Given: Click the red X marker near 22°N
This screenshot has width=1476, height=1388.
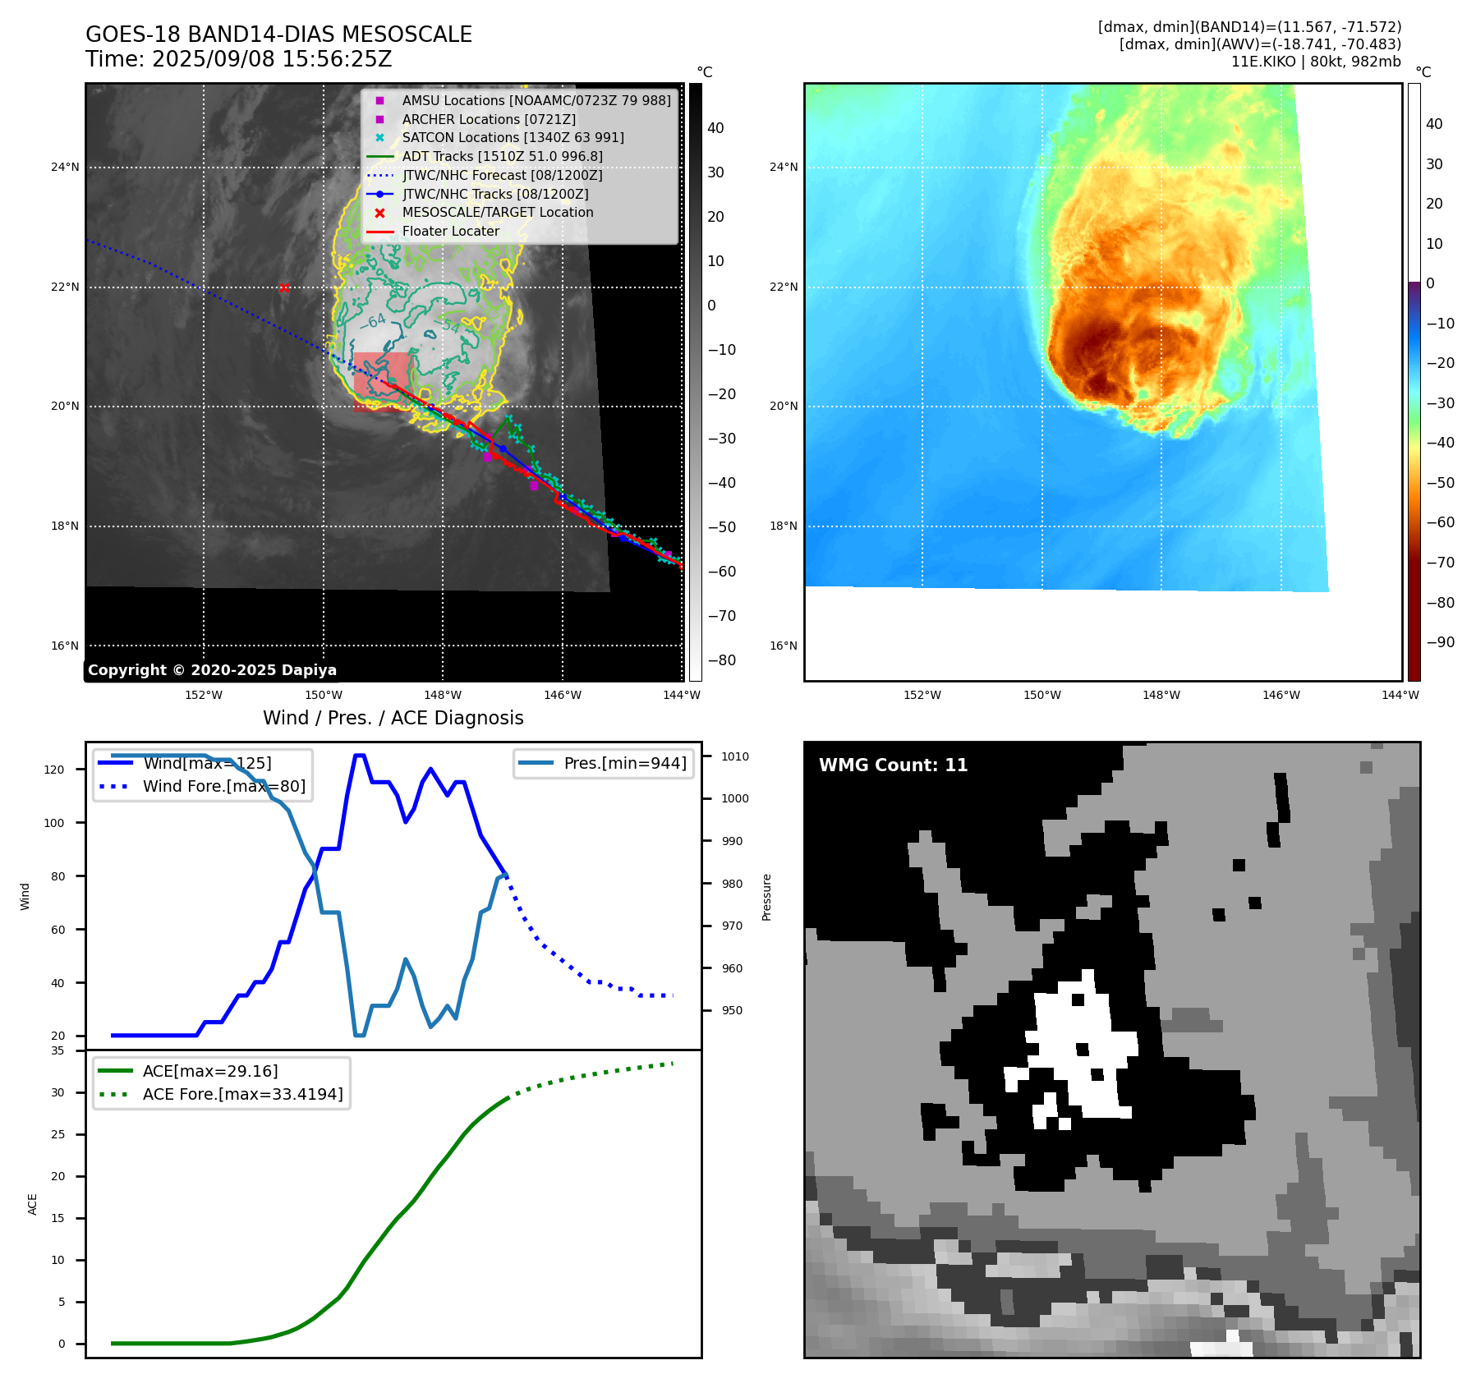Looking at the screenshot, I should point(284,287).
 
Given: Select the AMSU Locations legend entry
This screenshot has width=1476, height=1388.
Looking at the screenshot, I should point(536,100).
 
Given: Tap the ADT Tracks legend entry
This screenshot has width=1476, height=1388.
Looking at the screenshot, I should point(502,156).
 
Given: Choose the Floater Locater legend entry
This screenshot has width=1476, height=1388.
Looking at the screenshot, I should point(450,231).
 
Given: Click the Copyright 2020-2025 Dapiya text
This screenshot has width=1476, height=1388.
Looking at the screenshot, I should point(212,670).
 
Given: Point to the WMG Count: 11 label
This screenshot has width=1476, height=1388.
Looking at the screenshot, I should point(893,765).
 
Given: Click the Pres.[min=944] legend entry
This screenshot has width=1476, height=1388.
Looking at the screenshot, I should point(624,763).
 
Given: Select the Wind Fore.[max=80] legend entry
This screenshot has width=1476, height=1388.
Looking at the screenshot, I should point(223,786).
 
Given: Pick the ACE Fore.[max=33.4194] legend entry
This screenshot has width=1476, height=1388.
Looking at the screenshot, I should point(242,1094).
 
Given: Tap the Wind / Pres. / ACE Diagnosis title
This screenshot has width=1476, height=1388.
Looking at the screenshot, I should point(393,718).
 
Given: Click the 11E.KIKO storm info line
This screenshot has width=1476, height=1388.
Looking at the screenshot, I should point(1315,62).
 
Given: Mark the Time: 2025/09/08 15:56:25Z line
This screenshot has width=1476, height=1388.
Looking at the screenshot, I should point(239,59).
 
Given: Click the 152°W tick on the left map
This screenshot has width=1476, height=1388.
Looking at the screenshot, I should point(204,695).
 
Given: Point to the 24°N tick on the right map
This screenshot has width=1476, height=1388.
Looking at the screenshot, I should point(783,167).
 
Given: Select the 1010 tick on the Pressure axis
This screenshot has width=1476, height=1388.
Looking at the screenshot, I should point(735,756).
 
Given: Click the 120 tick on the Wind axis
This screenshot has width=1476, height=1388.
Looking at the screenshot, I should point(54,770).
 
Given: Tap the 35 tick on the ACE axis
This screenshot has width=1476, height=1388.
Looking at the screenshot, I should point(57,1050).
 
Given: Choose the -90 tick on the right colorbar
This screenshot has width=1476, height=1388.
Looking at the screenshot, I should point(1440,642).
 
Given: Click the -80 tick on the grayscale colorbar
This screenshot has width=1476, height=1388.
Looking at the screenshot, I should point(721,660).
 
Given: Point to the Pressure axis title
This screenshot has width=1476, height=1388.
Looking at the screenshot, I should point(766,897).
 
